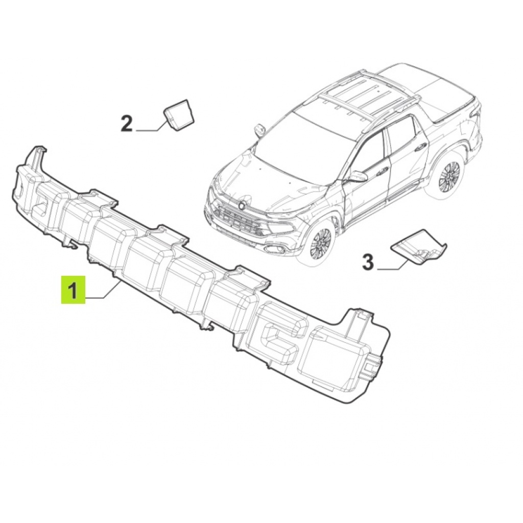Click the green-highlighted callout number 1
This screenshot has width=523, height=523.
73,290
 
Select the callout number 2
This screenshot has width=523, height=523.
127,124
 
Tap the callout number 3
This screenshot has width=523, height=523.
368,262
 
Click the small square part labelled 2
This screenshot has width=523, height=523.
179,113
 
